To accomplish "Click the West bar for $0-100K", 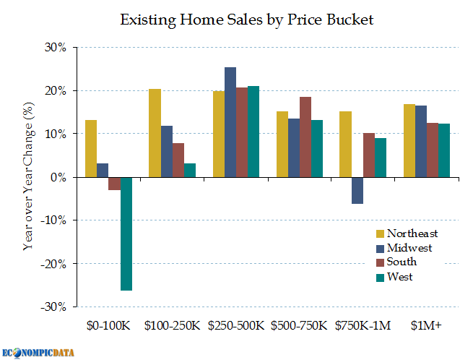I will point(126,233).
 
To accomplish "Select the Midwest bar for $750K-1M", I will point(357,190).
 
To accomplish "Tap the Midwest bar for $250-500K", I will point(230,122).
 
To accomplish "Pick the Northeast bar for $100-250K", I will point(155,133).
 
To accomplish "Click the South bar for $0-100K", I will point(114,184).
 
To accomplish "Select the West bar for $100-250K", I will point(190,170).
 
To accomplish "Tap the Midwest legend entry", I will point(404,248).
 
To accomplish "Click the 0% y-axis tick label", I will point(61,177).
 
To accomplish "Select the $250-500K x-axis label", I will point(236,326).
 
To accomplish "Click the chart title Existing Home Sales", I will point(247,20).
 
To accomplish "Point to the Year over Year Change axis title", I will point(28,178).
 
